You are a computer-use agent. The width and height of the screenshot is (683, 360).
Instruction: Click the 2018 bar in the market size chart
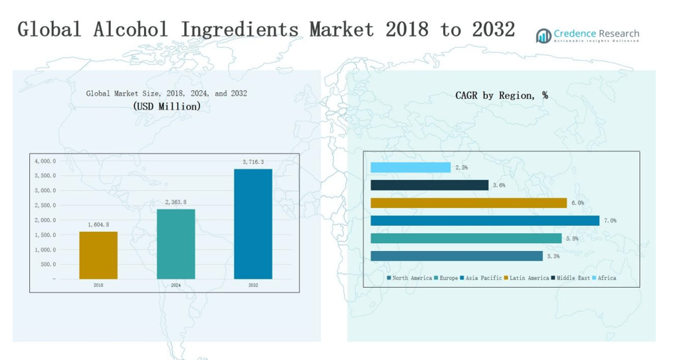[98, 255]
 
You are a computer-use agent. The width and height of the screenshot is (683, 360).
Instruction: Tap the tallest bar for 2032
[253, 224]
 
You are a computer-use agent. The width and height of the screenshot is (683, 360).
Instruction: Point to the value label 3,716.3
[252, 162]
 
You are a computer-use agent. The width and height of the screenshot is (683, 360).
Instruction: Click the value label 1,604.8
[98, 225]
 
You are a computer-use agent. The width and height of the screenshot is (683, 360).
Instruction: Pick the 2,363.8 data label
[175, 202]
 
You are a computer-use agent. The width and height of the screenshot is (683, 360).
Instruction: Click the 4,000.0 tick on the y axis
[45, 161]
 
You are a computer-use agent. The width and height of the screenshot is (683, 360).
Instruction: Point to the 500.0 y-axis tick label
[47, 264]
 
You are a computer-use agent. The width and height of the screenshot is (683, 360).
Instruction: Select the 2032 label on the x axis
[253, 285]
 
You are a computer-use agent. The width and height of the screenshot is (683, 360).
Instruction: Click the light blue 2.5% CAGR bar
[411, 167]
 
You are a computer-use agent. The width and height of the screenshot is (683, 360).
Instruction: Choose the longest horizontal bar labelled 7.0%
[484, 221]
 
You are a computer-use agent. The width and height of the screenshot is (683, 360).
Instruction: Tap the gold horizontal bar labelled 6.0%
[468, 203]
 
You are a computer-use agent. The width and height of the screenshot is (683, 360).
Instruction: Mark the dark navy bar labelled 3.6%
[429, 185]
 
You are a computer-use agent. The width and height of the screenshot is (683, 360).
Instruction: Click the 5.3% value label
[553, 256]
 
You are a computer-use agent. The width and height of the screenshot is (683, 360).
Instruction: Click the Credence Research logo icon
[543, 35]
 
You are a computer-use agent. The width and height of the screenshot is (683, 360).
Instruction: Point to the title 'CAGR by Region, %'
[502, 96]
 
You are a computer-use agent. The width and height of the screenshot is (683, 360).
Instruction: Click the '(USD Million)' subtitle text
[166, 106]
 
